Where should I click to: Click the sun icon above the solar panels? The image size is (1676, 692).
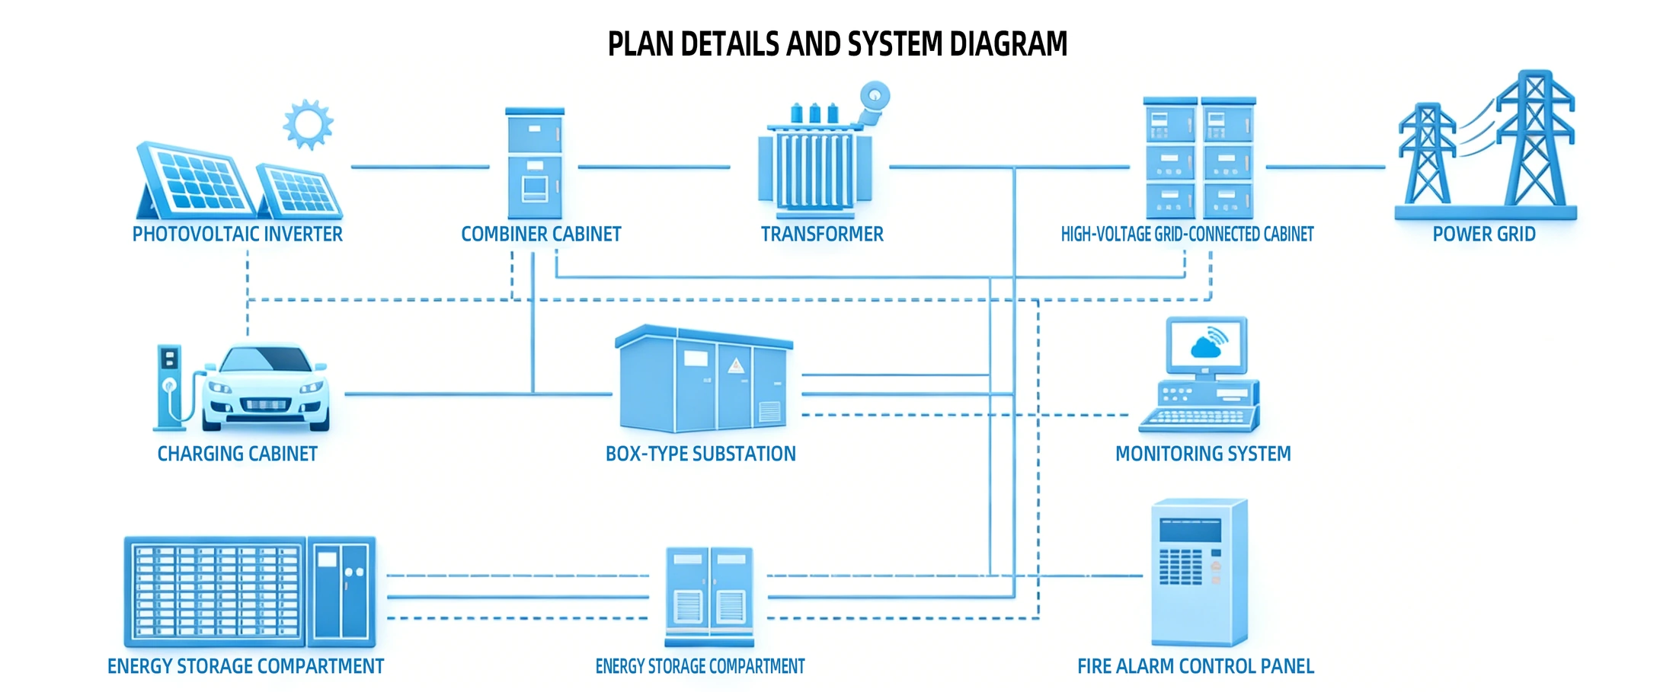[308, 124]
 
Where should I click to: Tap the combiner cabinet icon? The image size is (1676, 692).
[535, 164]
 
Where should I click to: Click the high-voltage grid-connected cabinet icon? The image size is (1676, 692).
[1200, 158]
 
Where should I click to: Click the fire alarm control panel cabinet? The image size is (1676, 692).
[1199, 572]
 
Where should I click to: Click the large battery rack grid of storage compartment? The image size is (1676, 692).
[216, 592]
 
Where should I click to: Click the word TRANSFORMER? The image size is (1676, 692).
[822, 234]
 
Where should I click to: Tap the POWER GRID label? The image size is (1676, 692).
[1484, 234]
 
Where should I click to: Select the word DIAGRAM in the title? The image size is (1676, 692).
[1009, 44]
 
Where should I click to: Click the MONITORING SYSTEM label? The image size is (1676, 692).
[1203, 454]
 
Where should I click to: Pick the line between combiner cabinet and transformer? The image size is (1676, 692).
[654, 167]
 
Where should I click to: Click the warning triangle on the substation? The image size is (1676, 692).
[735, 365]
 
